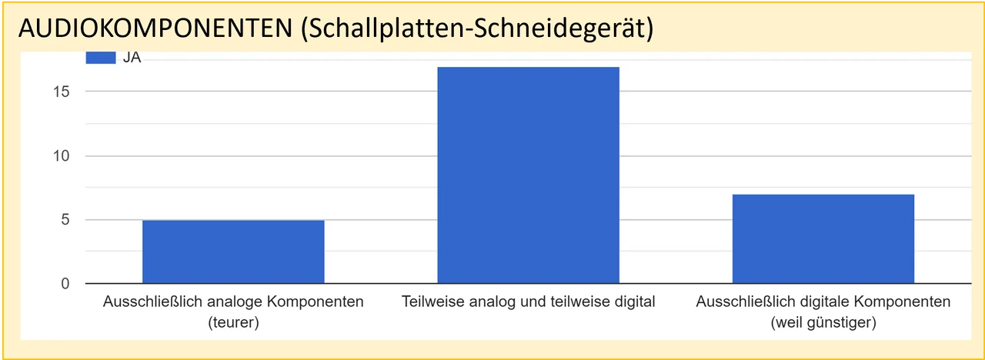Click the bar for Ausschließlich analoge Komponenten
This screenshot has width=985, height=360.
point(233,252)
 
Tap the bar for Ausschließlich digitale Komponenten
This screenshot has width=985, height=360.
point(823,239)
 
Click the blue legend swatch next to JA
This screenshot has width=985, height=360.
point(100,58)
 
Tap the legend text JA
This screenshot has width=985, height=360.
point(132,58)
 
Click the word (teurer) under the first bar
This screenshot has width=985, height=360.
point(233,322)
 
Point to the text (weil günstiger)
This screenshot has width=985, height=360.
point(823,322)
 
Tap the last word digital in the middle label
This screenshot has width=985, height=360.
point(635,302)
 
